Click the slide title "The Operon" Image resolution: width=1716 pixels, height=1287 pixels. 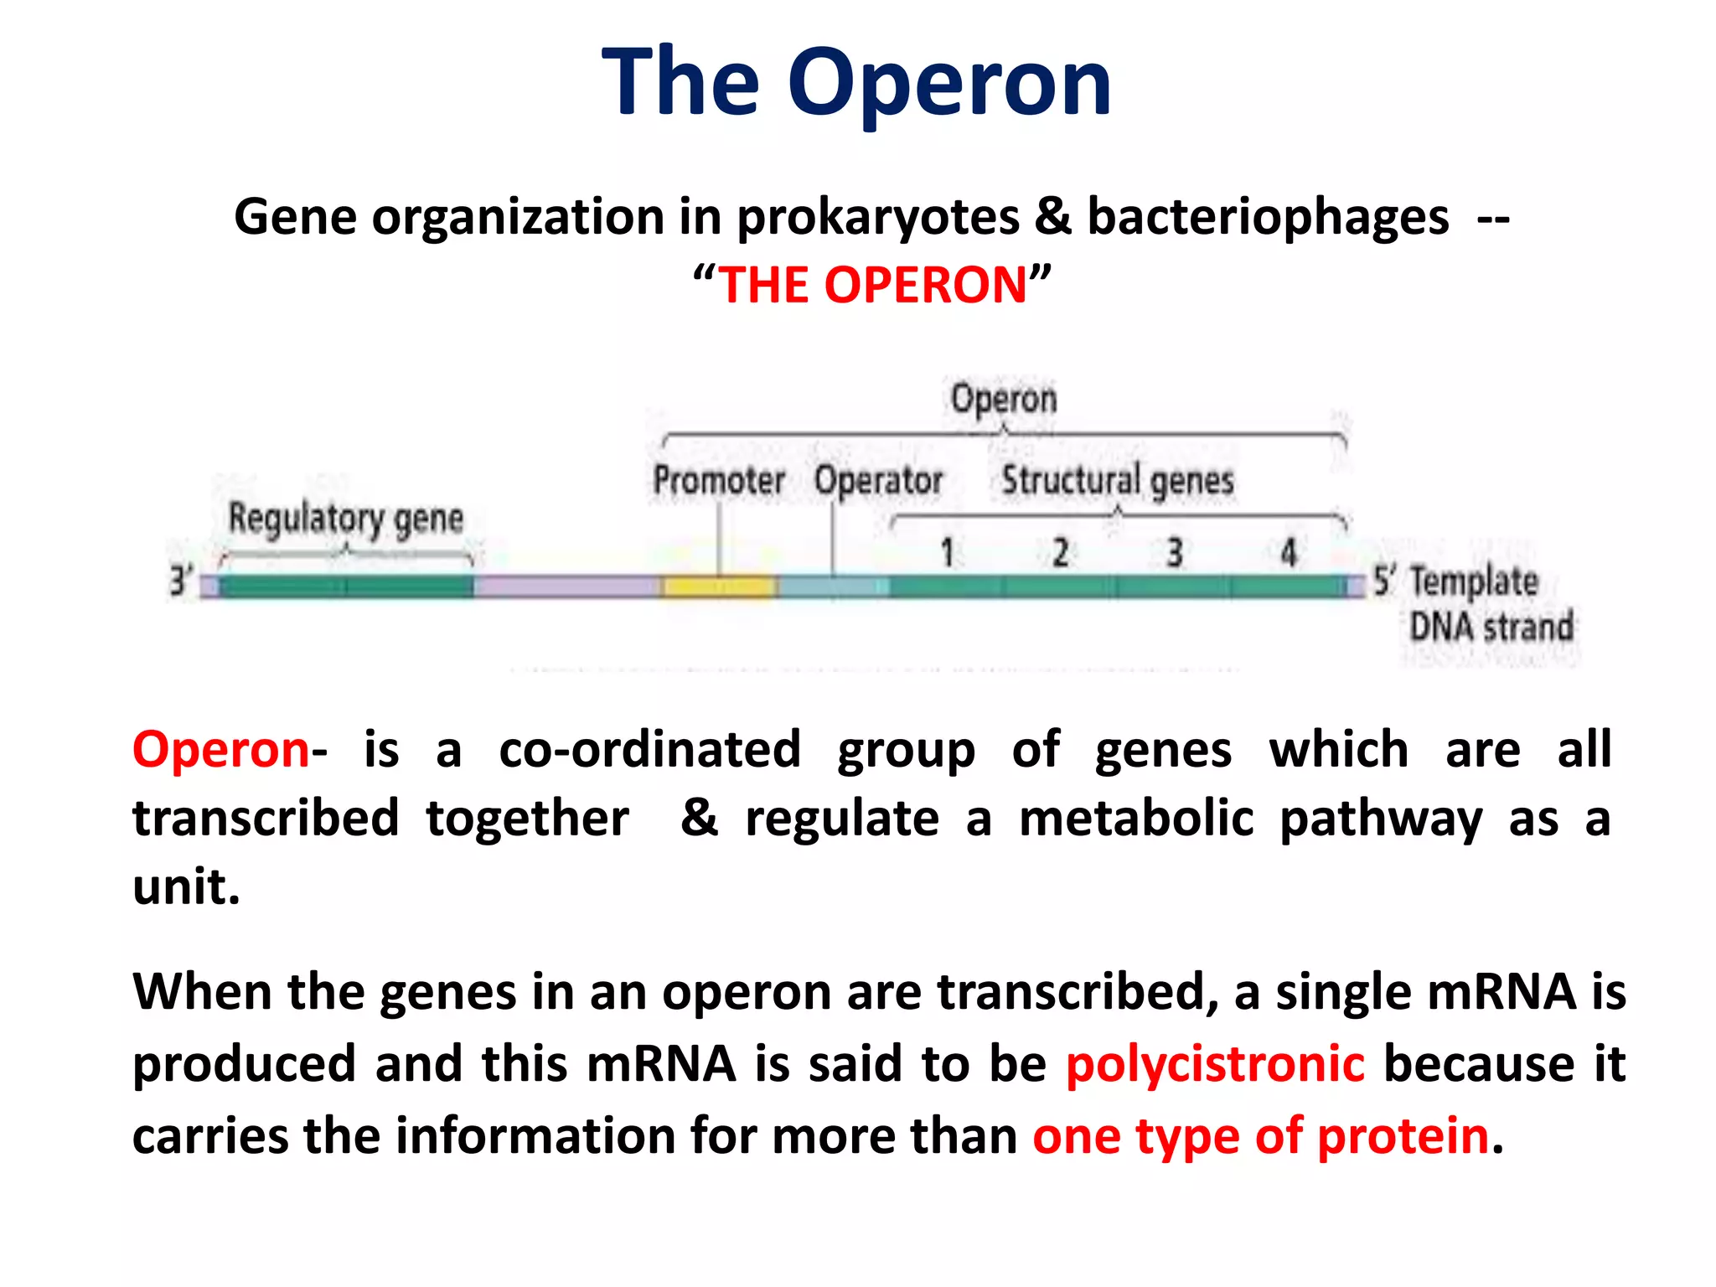856,82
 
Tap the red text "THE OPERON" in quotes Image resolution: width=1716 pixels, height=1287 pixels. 872,285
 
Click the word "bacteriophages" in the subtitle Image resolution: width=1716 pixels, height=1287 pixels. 1268,218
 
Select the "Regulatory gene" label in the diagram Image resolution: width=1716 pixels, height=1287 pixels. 345,519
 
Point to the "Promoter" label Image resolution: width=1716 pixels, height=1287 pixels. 719,481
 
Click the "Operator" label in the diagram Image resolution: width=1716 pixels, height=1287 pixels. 878,481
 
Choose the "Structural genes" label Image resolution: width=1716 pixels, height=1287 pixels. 1118,481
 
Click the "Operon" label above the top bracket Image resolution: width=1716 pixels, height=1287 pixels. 1004,399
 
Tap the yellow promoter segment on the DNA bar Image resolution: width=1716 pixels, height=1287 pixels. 718,587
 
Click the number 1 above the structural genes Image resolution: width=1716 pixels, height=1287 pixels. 947,553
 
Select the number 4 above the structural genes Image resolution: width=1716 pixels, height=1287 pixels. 1289,553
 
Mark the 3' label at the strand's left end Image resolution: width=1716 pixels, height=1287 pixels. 179,581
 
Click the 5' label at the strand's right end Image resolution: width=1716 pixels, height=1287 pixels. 1383,581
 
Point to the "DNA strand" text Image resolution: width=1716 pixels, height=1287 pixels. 1491,627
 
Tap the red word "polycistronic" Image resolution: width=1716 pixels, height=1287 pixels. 1215,1064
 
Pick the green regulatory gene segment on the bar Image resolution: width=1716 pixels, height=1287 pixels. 345,587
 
